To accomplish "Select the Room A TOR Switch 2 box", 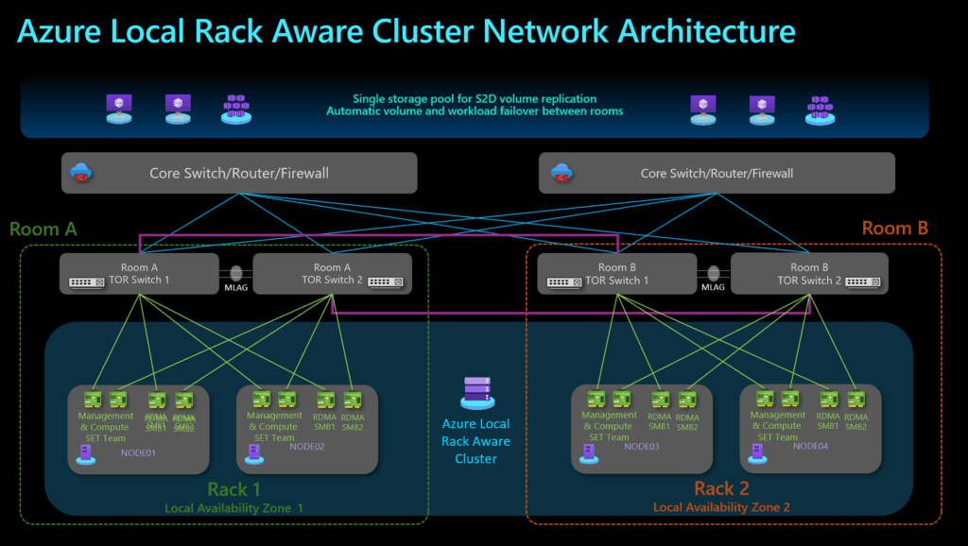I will [332, 273].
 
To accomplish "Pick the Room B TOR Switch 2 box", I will [808, 273].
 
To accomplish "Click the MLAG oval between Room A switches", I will [236, 272].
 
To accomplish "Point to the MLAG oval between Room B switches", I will [714, 272].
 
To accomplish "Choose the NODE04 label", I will [811, 446].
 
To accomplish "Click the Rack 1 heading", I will [233, 488].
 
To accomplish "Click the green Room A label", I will [43, 229].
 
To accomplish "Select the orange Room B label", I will [895, 228].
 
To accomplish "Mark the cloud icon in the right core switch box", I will [562, 173].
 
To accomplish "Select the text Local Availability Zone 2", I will [721, 507].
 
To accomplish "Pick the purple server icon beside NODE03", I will [589, 454].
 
